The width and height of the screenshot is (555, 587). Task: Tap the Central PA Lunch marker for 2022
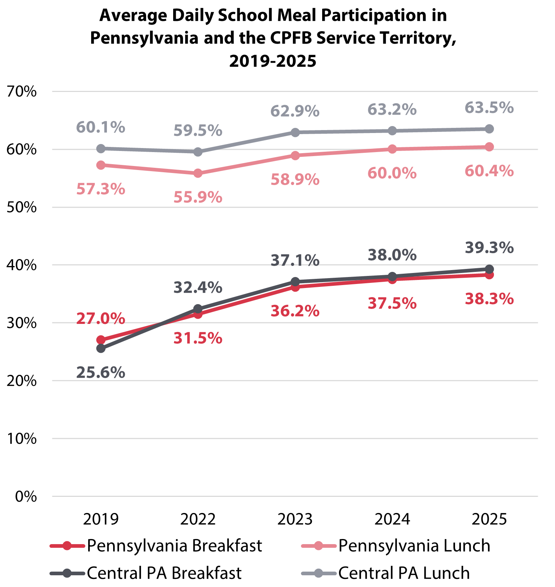[198, 152]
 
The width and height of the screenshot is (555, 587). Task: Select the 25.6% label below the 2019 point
[101, 373]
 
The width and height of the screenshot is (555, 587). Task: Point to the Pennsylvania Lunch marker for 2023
[295, 155]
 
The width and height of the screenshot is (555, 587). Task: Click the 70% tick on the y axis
[22, 92]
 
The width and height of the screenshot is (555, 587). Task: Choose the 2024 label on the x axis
[392, 519]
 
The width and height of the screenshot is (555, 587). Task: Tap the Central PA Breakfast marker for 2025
[489, 269]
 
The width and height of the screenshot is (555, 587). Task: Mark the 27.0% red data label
[101, 319]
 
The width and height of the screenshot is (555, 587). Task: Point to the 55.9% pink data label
[198, 198]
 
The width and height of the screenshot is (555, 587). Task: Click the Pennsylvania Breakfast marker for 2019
[101, 340]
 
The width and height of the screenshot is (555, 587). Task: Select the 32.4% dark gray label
[198, 288]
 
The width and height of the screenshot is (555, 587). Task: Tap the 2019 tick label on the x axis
[101, 519]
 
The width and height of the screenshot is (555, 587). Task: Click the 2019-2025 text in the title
[273, 61]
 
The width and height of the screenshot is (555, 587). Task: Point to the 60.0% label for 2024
[392, 173]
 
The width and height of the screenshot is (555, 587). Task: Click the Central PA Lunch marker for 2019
[101, 148]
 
